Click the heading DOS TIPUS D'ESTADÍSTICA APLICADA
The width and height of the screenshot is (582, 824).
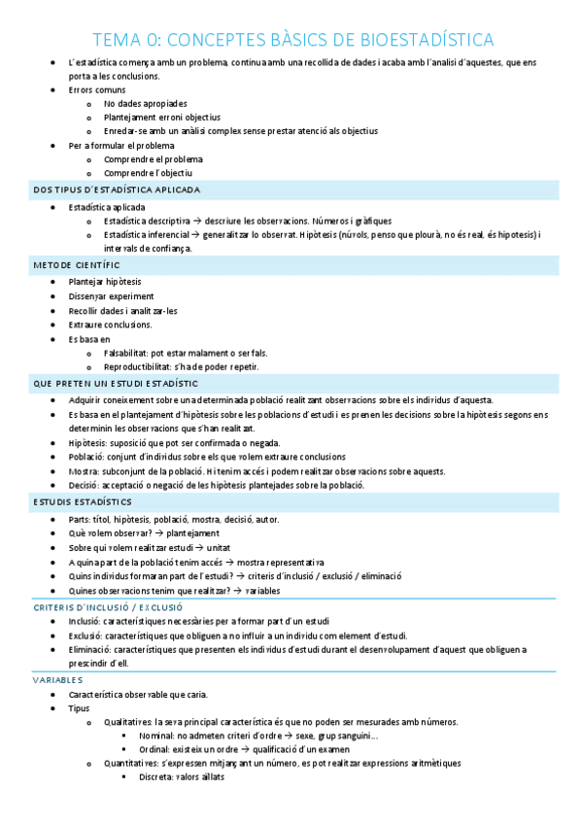click(x=117, y=189)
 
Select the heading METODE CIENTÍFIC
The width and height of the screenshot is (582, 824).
click(x=77, y=264)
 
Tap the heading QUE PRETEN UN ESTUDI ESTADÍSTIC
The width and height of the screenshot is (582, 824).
click(x=116, y=384)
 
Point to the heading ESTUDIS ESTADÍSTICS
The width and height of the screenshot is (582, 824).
click(x=83, y=502)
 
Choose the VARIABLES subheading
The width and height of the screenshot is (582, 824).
click(x=58, y=680)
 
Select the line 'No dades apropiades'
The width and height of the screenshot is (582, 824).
click(x=146, y=103)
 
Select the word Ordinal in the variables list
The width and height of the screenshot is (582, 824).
click(x=154, y=749)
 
